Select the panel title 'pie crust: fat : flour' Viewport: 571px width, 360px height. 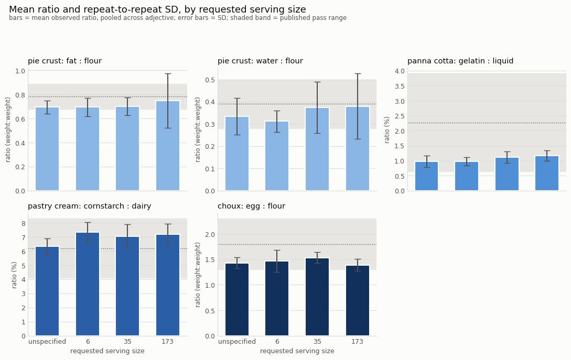coord(65,61)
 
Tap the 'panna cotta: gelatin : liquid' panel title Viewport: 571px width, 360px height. coord(460,61)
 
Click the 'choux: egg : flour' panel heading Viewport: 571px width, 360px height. coord(251,206)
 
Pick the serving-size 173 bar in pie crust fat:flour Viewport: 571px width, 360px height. coord(168,146)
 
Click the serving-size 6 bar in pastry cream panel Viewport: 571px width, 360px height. coord(88,284)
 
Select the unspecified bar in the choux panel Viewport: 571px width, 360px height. coord(237,300)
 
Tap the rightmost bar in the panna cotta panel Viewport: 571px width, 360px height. coord(547,173)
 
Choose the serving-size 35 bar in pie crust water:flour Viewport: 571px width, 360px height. coord(317,149)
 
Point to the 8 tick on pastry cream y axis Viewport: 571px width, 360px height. coord(24,224)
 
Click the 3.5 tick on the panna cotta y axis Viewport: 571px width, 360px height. coord(400,86)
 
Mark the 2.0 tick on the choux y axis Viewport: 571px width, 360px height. coord(210,234)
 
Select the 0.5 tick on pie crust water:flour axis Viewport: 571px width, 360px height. coord(210,80)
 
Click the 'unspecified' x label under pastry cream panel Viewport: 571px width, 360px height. coord(47,342)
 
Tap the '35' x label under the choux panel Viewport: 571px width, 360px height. coord(317,342)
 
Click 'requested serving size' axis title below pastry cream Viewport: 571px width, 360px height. coord(107,351)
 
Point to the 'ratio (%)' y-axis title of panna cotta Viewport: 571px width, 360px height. coord(387,130)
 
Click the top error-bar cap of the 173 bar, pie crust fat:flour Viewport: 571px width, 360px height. coord(168,74)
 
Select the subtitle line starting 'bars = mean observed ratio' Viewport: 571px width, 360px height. coord(178,18)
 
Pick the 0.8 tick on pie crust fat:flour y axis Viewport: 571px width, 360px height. coord(20,95)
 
